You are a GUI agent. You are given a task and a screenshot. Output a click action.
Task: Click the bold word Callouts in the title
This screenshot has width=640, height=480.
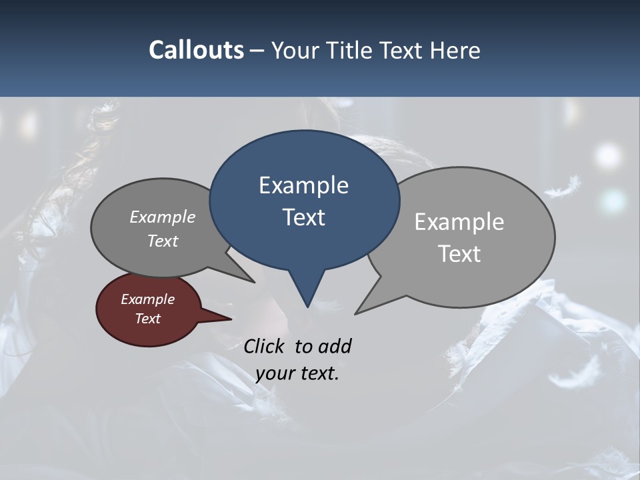[x=196, y=50]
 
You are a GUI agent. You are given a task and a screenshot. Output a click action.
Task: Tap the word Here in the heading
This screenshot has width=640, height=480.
[x=455, y=50]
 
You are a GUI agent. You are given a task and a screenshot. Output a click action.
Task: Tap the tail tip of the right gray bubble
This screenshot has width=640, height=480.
[x=357, y=312]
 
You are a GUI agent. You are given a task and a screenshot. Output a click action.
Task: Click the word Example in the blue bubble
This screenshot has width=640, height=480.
[x=303, y=185]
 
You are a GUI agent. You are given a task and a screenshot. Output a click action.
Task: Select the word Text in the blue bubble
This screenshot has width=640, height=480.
[x=304, y=217]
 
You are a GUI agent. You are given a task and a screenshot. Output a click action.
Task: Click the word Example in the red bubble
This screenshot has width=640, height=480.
[x=147, y=299]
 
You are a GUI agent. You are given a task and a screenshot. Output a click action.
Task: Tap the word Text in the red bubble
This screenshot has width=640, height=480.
[x=148, y=319]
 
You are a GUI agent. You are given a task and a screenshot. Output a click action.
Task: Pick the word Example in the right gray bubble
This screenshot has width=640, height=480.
[x=459, y=222]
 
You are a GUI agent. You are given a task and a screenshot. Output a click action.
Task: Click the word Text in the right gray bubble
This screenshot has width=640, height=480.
[x=460, y=254]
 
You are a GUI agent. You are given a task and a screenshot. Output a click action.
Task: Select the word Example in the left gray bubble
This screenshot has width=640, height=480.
[x=163, y=217]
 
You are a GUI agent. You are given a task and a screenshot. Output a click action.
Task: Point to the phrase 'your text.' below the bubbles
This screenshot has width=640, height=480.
[x=297, y=373]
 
